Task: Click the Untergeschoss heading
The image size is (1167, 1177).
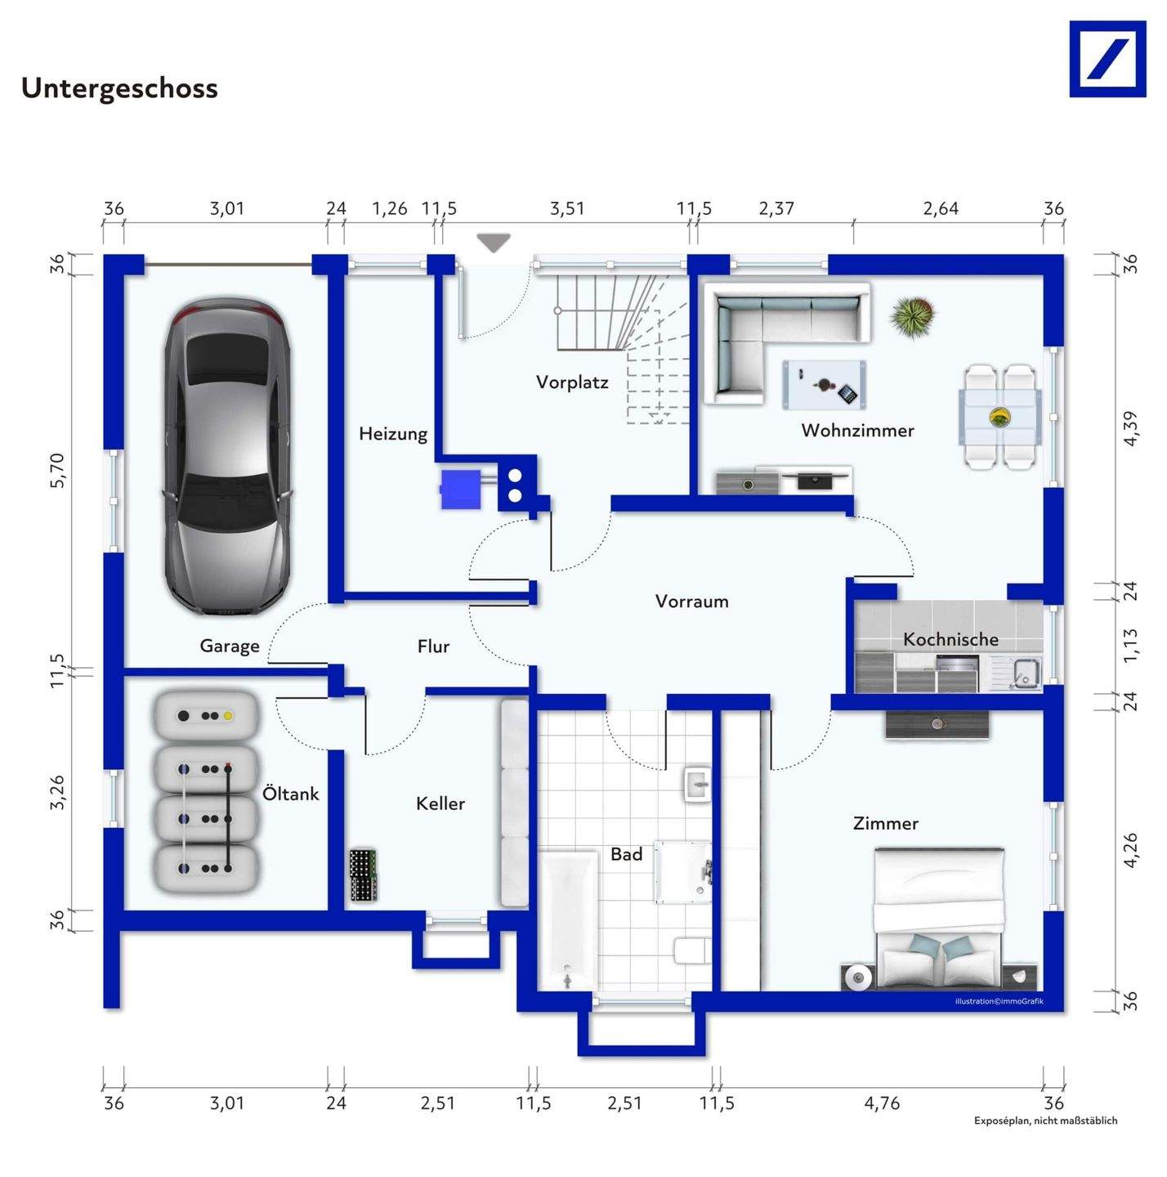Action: coord(119,87)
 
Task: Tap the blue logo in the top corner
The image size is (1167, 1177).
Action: coord(1107,59)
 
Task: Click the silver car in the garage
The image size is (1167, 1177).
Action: coord(227,457)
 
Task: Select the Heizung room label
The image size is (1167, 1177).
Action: coord(393,433)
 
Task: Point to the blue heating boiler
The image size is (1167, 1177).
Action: coord(461,489)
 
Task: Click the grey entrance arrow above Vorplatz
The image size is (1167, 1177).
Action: coord(494,242)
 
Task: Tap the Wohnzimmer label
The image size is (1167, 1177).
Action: coord(857,430)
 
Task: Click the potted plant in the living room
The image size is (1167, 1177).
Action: coord(912,316)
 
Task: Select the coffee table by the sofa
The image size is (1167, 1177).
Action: coord(824,383)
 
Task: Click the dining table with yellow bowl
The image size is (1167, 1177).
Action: coord(999,417)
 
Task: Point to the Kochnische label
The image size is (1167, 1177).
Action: coord(950,639)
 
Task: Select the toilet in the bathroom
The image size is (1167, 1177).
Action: coord(691,950)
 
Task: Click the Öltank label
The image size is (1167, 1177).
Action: coord(290,794)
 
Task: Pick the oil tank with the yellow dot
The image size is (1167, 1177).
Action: coord(206,715)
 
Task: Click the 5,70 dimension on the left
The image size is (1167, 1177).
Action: coord(56,470)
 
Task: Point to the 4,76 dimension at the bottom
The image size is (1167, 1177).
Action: coord(882,1103)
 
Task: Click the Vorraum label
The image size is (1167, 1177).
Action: coord(691,602)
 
